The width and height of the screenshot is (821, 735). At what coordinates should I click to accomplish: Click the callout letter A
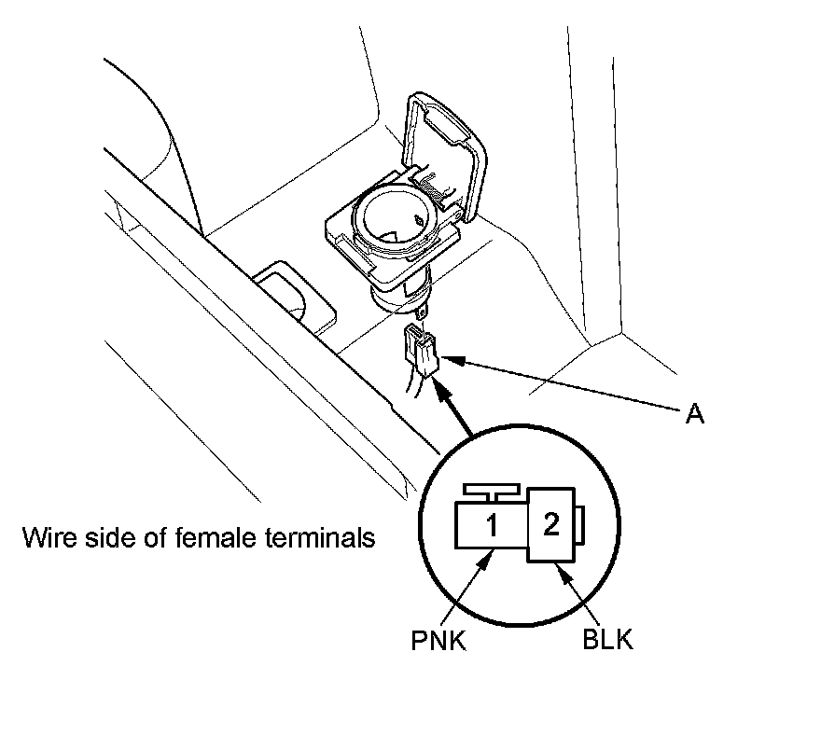[693, 414]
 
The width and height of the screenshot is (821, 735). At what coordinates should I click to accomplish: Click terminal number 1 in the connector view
[492, 528]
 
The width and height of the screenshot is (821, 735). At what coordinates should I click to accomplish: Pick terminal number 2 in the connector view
[550, 525]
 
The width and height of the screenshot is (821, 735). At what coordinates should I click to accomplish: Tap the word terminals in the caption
[318, 538]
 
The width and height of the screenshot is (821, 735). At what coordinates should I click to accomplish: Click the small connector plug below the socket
[421, 351]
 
